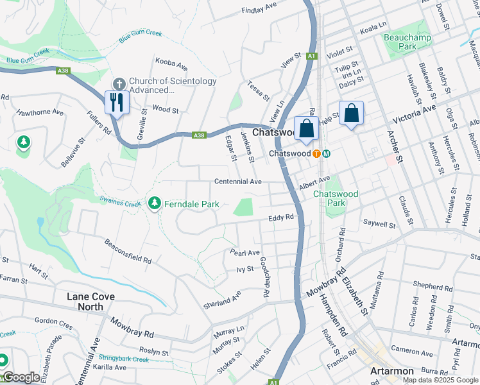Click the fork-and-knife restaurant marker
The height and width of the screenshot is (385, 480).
116,103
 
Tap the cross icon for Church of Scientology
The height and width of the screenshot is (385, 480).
119,83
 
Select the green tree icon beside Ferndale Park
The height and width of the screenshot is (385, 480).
154,204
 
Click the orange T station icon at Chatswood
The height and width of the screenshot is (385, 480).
316,154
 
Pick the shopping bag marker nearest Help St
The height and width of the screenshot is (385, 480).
351,114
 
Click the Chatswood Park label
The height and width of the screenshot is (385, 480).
329,198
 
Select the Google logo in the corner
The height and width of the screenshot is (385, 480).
21,377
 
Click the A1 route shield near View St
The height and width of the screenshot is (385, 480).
311,56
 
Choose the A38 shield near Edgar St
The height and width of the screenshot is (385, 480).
199,135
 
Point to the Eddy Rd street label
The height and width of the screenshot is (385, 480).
281,218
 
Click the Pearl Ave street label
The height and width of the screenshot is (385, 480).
244,253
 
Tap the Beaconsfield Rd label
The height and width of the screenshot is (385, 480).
128,252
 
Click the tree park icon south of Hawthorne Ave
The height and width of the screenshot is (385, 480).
24,141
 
